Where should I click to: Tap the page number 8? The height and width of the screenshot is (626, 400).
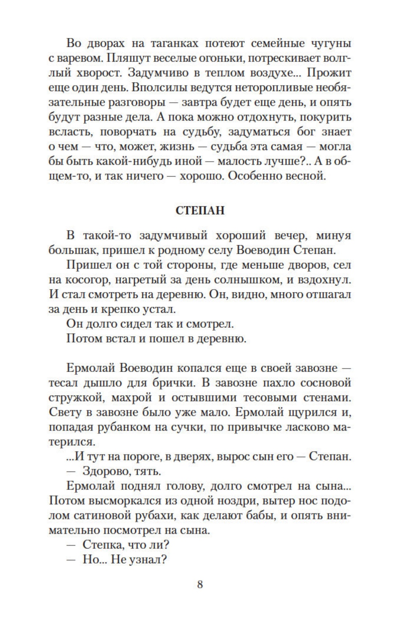coord(200,585)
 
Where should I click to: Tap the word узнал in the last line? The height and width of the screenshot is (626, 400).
coord(147,560)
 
